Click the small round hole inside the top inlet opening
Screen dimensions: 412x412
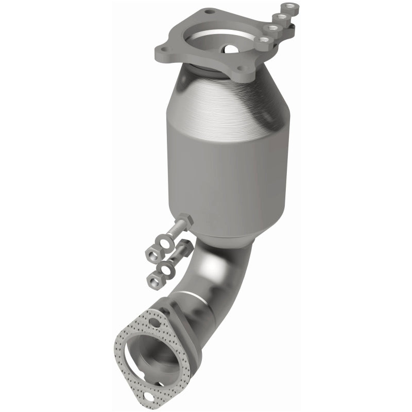228,49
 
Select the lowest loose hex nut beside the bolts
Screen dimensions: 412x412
153,280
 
